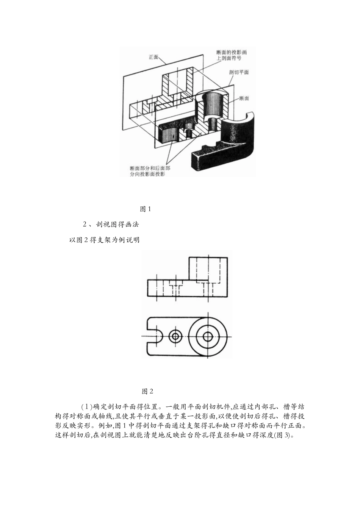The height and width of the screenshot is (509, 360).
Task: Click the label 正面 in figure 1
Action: tap(153, 58)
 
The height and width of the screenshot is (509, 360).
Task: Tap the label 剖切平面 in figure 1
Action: tap(239, 72)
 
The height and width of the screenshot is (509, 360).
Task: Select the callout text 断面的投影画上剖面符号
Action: tap(229, 55)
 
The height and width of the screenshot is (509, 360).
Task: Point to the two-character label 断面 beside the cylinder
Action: tap(244, 98)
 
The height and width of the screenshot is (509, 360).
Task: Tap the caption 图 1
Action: tap(146, 209)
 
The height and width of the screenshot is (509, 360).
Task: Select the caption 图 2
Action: tap(147, 391)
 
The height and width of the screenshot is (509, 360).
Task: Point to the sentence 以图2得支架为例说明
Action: tap(104, 240)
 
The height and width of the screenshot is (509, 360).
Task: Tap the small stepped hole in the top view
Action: tap(175, 336)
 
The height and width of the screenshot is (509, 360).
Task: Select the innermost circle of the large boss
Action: tap(208, 336)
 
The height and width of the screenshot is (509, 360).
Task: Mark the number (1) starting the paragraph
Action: tap(87, 407)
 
